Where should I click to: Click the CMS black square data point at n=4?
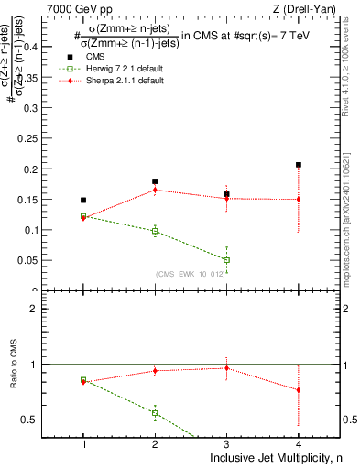[x=299, y=165]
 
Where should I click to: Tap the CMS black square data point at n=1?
[x=83, y=200]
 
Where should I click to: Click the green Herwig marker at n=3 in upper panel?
[x=226, y=260]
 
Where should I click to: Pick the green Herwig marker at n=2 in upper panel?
[x=155, y=232]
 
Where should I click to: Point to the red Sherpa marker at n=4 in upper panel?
[x=299, y=199]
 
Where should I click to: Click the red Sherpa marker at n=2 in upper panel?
[x=155, y=190]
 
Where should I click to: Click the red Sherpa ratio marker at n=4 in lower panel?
[x=299, y=390]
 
